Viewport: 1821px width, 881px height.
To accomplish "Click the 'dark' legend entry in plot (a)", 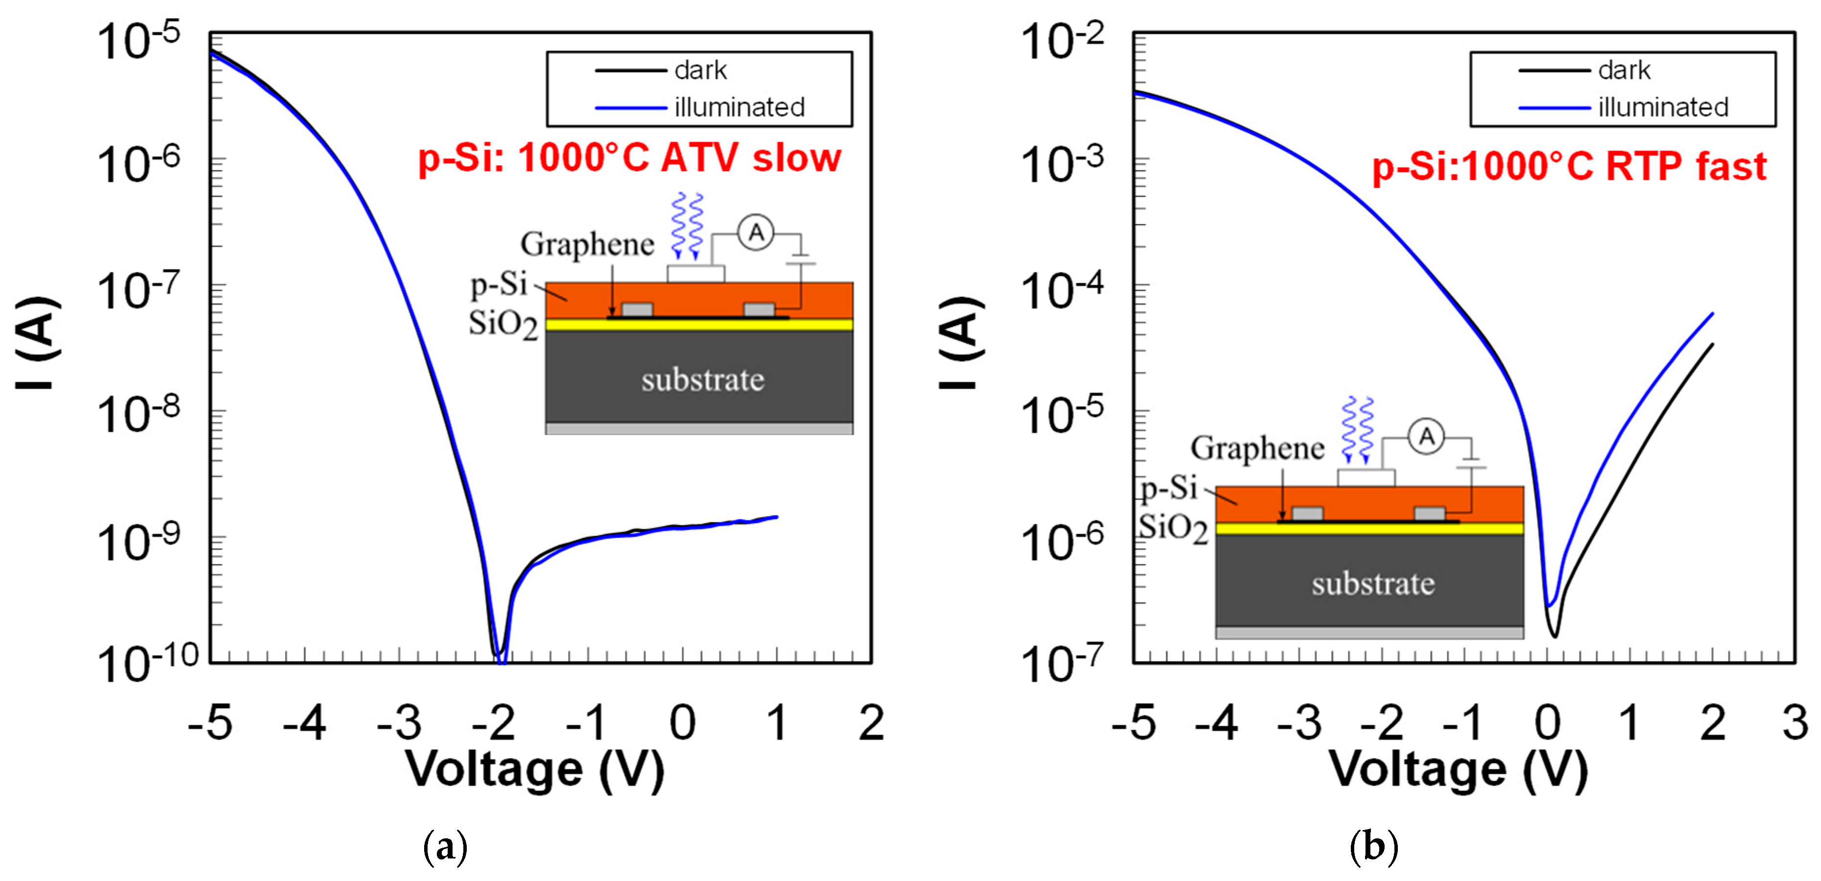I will [700, 71].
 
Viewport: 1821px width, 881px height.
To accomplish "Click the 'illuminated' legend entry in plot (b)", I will [1663, 107].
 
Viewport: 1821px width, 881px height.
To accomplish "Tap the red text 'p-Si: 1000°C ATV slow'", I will [629, 158].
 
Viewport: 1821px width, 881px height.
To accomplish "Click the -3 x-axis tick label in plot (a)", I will [399, 723].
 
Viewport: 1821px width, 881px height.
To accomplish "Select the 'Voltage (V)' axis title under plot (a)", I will [534, 769].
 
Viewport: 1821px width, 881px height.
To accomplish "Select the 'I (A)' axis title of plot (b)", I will [960, 343].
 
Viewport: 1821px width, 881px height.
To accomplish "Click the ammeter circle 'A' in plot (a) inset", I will [756, 233].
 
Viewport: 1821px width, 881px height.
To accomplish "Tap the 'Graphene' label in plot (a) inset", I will [587, 245].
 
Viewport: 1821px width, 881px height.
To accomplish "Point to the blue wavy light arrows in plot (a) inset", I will [686, 225].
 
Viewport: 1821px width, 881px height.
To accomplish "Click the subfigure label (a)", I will [445, 846].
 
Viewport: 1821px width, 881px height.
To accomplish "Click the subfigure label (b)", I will [1373, 846].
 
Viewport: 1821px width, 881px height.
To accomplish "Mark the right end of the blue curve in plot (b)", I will [1712, 313].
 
